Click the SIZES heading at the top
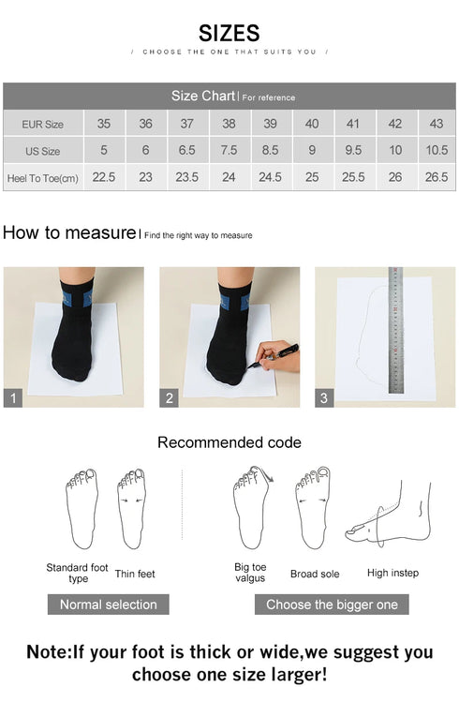point(229,33)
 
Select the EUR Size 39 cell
point(270,124)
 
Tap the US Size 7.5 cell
point(229,151)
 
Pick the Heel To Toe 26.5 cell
point(436,177)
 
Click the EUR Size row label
point(43,124)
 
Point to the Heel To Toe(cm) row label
point(43,178)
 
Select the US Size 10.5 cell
point(436,151)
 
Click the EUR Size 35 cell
point(103,124)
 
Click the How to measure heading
point(69,233)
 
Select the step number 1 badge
point(13,398)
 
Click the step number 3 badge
point(324,398)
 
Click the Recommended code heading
point(229,442)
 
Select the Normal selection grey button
point(108,605)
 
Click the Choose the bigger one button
point(332,605)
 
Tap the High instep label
point(392,573)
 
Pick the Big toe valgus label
point(250,573)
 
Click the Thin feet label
point(135,573)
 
